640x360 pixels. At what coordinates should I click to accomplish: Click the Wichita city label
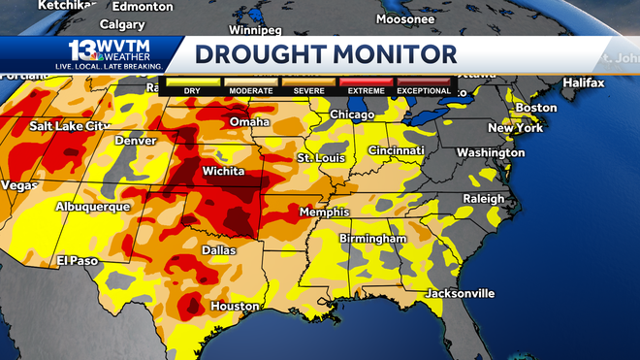point(228,172)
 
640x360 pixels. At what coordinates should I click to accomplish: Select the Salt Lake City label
point(70,126)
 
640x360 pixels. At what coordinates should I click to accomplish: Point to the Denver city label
point(135,140)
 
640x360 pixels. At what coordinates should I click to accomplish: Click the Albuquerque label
point(90,207)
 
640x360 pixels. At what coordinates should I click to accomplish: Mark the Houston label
point(236,306)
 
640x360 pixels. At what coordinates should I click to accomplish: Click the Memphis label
point(324,213)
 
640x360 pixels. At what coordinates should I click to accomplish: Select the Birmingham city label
point(372,239)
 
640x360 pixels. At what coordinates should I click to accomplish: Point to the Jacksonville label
point(460,293)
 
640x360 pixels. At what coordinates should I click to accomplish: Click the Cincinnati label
point(396,151)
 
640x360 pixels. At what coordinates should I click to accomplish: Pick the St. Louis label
point(319,157)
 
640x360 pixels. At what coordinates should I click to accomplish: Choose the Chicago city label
point(351,115)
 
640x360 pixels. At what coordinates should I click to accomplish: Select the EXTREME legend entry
point(366,91)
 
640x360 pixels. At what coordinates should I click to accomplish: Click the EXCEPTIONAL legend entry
point(423,91)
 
